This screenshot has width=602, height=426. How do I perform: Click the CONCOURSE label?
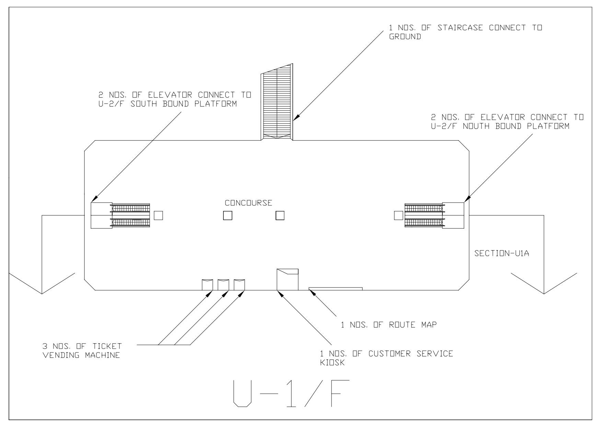click(248, 203)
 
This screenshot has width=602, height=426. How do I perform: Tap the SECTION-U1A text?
click(501, 254)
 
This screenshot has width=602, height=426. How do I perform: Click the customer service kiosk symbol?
click(287, 280)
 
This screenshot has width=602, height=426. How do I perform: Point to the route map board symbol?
click(335, 289)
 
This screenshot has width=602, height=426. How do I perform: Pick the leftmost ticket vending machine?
click(207, 285)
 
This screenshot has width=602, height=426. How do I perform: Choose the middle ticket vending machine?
click(223, 285)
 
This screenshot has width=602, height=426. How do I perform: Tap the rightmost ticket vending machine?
click(239, 285)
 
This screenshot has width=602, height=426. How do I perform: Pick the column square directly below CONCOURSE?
click(228, 215)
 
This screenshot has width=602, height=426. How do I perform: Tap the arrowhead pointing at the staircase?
click(296, 118)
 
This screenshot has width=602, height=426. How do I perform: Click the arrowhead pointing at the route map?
click(311, 292)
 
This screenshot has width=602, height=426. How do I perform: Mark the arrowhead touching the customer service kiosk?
click(280, 293)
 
